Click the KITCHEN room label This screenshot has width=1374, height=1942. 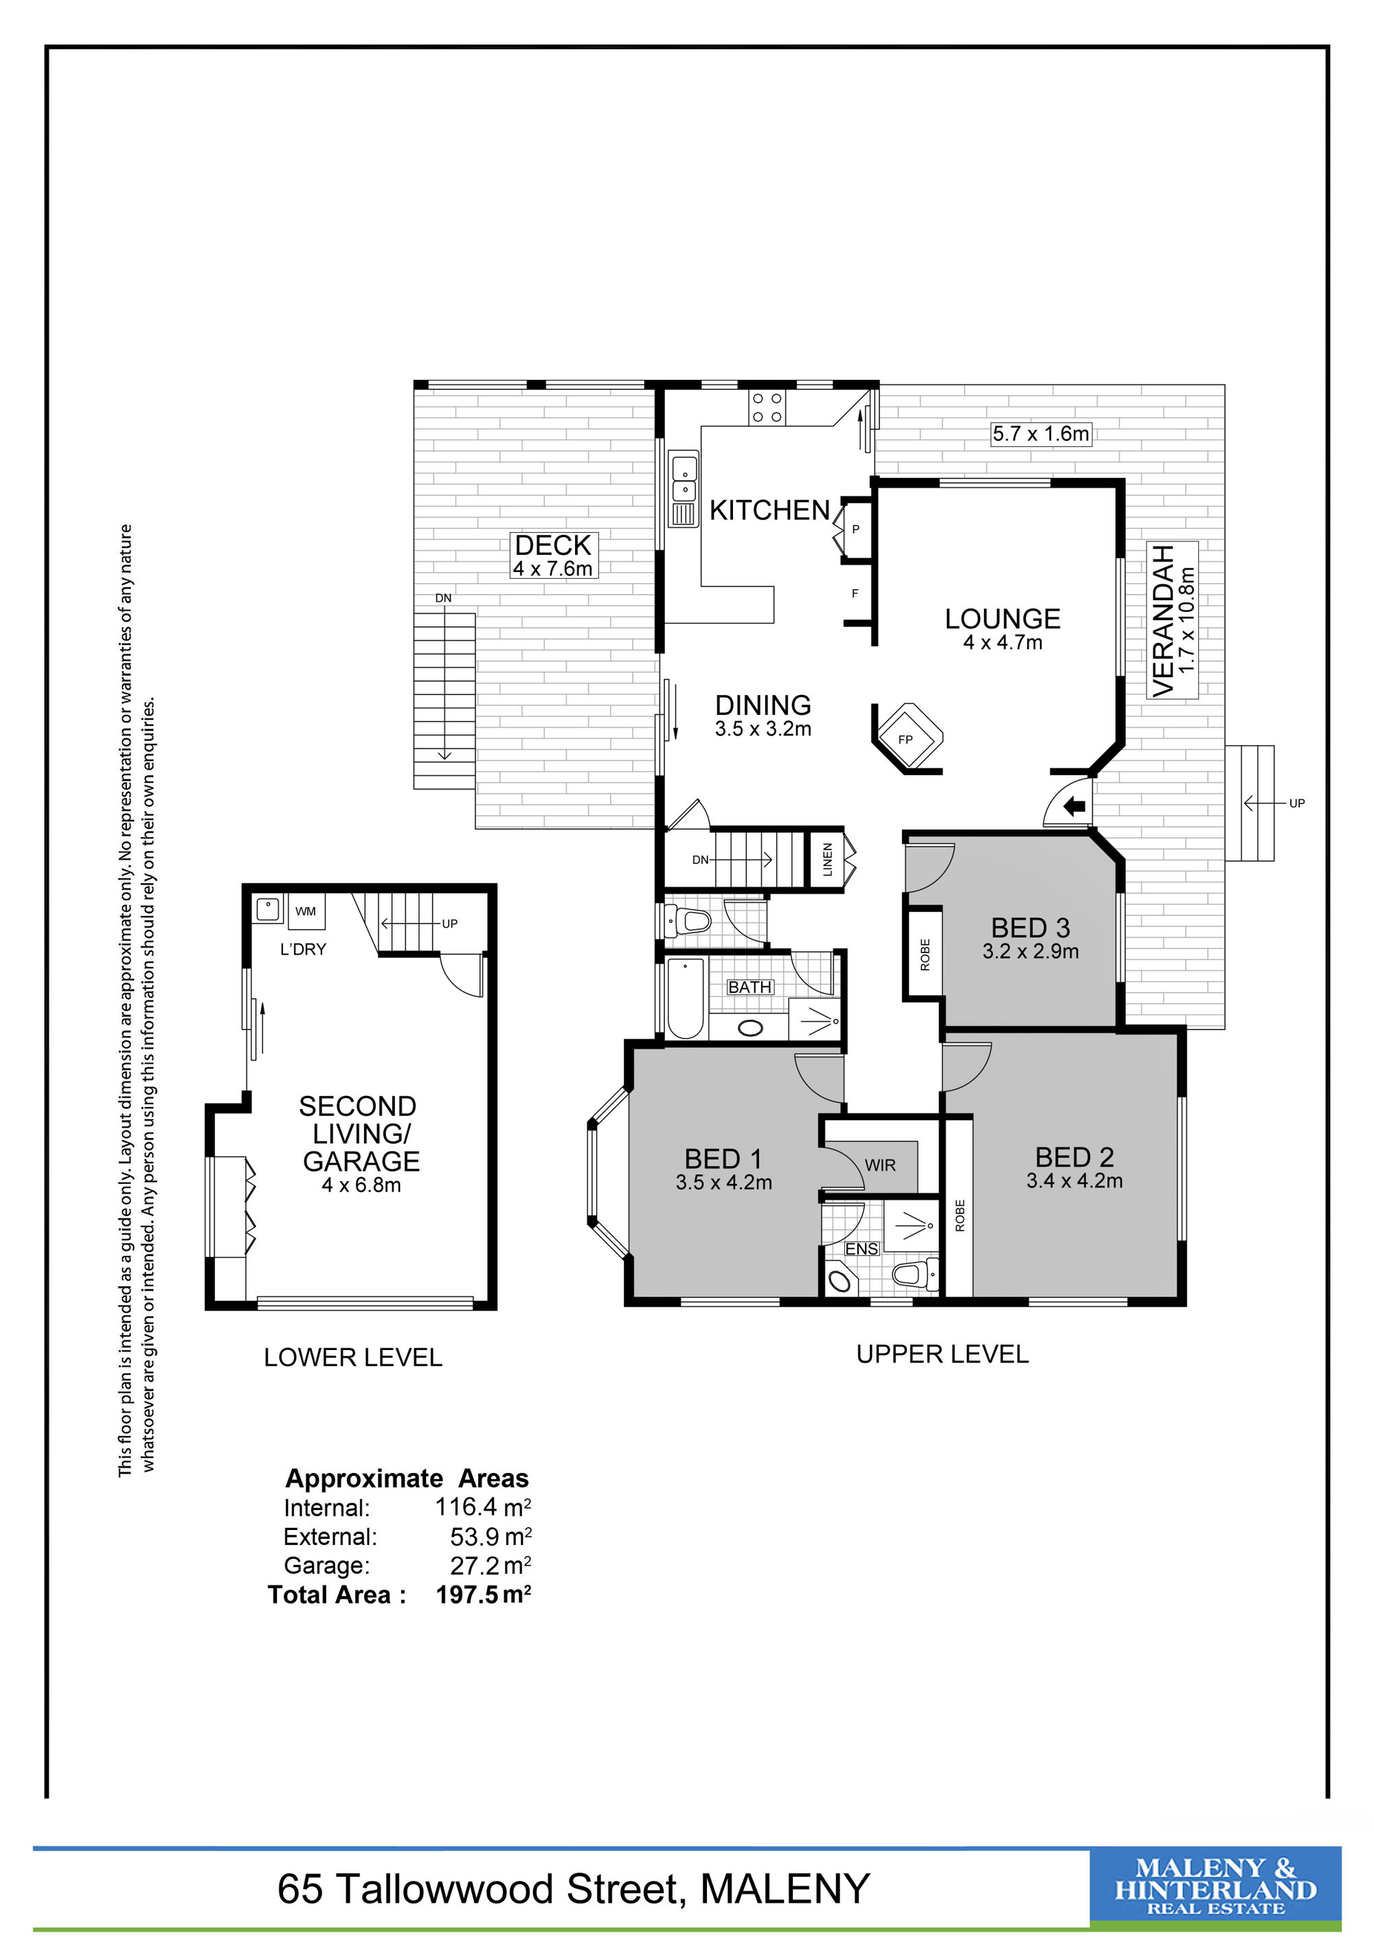coord(769,510)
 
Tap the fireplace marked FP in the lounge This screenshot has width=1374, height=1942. coord(908,737)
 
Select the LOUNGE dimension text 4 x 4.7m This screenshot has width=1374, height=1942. coord(1002,642)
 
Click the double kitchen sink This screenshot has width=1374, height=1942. coord(684,489)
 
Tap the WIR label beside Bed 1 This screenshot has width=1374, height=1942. coord(880,1165)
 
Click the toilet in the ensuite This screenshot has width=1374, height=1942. coord(916,1274)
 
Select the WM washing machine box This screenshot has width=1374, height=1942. coord(306,911)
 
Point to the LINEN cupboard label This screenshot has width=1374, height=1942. coord(827,859)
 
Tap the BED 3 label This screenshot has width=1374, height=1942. coord(1030,928)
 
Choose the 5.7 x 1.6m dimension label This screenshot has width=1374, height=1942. coord(1041,434)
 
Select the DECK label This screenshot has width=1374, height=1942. coord(553,545)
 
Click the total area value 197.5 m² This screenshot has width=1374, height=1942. coord(483,1595)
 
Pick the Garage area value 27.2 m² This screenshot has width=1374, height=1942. coord(491,1565)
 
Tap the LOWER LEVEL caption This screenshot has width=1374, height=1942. coord(353,1358)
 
